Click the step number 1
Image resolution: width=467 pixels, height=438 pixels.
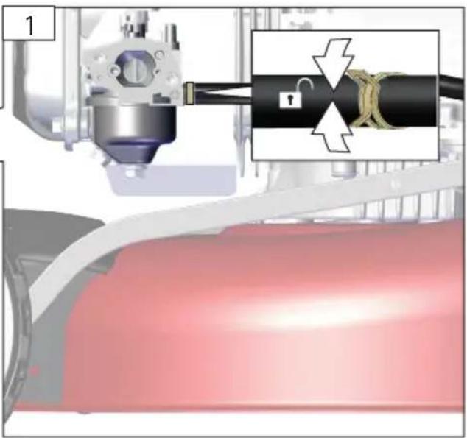(29, 26)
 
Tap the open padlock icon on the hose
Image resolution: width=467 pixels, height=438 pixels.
(294, 93)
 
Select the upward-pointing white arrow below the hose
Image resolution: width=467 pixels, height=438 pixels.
(333, 128)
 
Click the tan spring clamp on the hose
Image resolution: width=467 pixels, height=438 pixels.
(369, 99)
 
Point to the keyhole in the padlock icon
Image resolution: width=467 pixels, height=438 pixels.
(289, 99)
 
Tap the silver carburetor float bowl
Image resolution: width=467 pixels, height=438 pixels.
(134, 125)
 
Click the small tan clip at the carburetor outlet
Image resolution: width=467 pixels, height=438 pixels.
(189, 93)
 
